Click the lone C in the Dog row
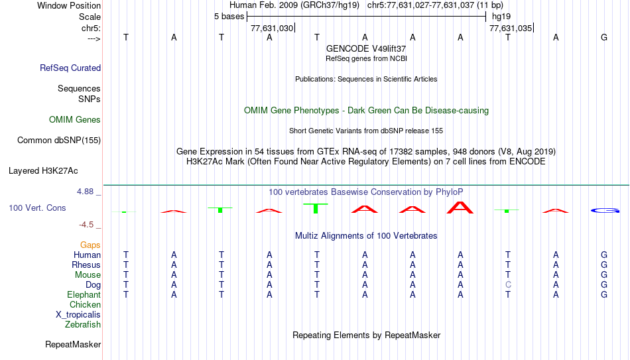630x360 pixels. coord(508,285)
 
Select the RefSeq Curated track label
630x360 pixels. coord(70,68)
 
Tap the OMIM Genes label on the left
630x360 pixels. coord(75,120)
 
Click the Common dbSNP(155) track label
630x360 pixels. coord(59,141)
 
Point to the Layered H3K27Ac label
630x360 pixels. coord(43,171)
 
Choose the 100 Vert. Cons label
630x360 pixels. coord(37,208)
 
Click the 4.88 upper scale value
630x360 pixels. coord(85,192)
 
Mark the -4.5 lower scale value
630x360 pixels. coord(86,225)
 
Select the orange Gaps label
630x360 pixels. coord(90,245)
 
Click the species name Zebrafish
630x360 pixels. coord(83,325)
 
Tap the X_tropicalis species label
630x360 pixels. coord(78,315)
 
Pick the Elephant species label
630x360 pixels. coord(84,295)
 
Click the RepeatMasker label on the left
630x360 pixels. coord(73,344)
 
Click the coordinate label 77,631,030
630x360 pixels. coord(272,29)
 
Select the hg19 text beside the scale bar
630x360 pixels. coord(501,17)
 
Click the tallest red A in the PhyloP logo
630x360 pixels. coord(460,208)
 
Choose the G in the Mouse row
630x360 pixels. coord(604,275)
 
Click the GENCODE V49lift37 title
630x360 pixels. coord(366,48)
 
